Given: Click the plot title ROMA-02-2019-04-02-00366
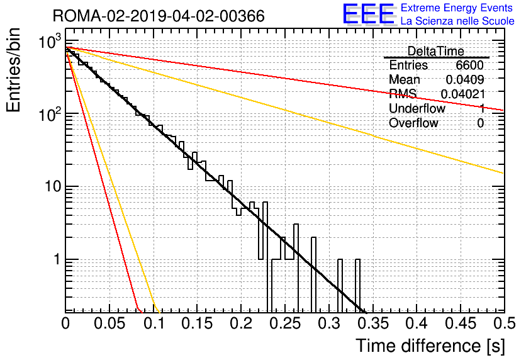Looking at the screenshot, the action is pyautogui.click(x=159, y=16).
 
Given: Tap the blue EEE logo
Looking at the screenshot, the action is pyautogui.click(x=369, y=14).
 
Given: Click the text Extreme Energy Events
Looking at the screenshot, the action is pyautogui.click(x=457, y=8).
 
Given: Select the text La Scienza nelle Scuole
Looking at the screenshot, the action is pyautogui.click(x=457, y=21).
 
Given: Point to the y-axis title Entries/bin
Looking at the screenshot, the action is pyautogui.click(x=13, y=70).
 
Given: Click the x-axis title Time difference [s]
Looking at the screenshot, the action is pyautogui.click(x=430, y=346).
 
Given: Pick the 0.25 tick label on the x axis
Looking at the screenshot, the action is pyautogui.click(x=286, y=323).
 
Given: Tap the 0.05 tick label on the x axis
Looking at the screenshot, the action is pyautogui.click(x=109, y=323).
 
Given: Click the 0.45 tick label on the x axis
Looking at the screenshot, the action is pyautogui.click(x=461, y=323).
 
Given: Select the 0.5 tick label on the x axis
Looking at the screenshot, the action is pyautogui.click(x=504, y=323).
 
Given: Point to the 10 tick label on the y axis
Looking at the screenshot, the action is pyautogui.click(x=53, y=186).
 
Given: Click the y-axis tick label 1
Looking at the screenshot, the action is pyautogui.click(x=57, y=259).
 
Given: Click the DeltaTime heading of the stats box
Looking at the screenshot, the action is pyautogui.click(x=436, y=51).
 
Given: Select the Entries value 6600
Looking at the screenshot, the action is pyautogui.click(x=469, y=65).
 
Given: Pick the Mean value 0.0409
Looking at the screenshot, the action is pyautogui.click(x=465, y=79).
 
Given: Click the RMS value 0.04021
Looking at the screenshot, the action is pyautogui.click(x=463, y=94).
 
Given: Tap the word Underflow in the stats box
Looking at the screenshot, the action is pyautogui.click(x=417, y=108).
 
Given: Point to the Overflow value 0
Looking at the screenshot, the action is pyautogui.click(x=481, y=123).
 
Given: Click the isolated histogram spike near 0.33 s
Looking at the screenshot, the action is pyautogui.click(x=357, y=285).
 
